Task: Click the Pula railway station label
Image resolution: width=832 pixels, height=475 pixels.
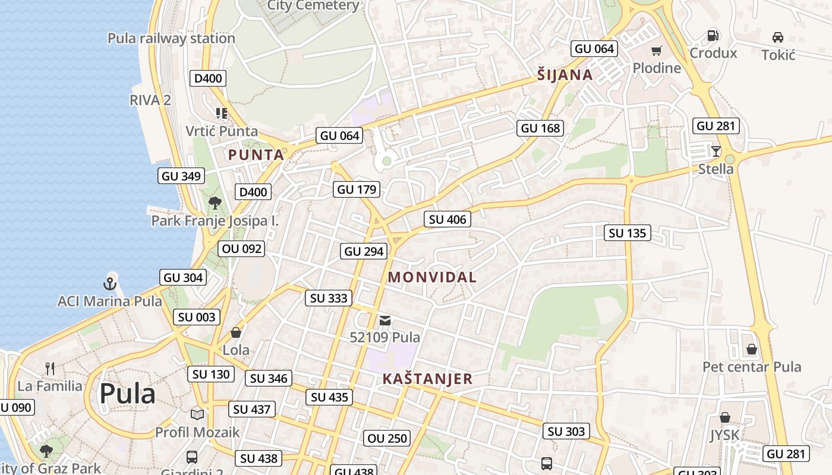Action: pos(171,39)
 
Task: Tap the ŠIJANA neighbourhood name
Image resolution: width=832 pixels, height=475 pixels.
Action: pos(565,75)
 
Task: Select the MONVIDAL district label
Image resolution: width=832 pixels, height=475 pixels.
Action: pos(432,277)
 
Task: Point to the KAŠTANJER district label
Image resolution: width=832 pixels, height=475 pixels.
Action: pos(427,379)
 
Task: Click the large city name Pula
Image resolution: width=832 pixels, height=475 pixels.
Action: pos(127,393)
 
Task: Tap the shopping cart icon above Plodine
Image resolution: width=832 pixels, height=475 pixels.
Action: pos(656,51)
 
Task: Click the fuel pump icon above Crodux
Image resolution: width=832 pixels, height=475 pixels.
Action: pos(713,36)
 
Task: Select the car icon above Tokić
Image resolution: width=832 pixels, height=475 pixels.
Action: pos(777,37)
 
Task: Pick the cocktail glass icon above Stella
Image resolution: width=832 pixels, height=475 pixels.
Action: pos(716,151)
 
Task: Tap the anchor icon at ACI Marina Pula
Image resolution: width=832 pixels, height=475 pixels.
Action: pos(109,283)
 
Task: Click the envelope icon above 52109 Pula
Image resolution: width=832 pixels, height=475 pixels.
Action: pos(385,321)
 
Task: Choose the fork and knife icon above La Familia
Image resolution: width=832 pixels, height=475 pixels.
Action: pos(50,369)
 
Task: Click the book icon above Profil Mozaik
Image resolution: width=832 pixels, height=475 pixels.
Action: pos(197,414)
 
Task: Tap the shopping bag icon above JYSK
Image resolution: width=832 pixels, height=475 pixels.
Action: pos(724,417)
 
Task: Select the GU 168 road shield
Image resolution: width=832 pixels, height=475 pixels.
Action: pos(540,128)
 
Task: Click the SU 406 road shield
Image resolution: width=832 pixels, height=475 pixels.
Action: pos(447,219)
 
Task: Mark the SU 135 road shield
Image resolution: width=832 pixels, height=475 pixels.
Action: pos(628,233)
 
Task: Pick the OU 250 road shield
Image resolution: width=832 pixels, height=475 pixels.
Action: pos(387,438)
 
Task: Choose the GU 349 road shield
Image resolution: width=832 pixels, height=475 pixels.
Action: pos(182,176)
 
